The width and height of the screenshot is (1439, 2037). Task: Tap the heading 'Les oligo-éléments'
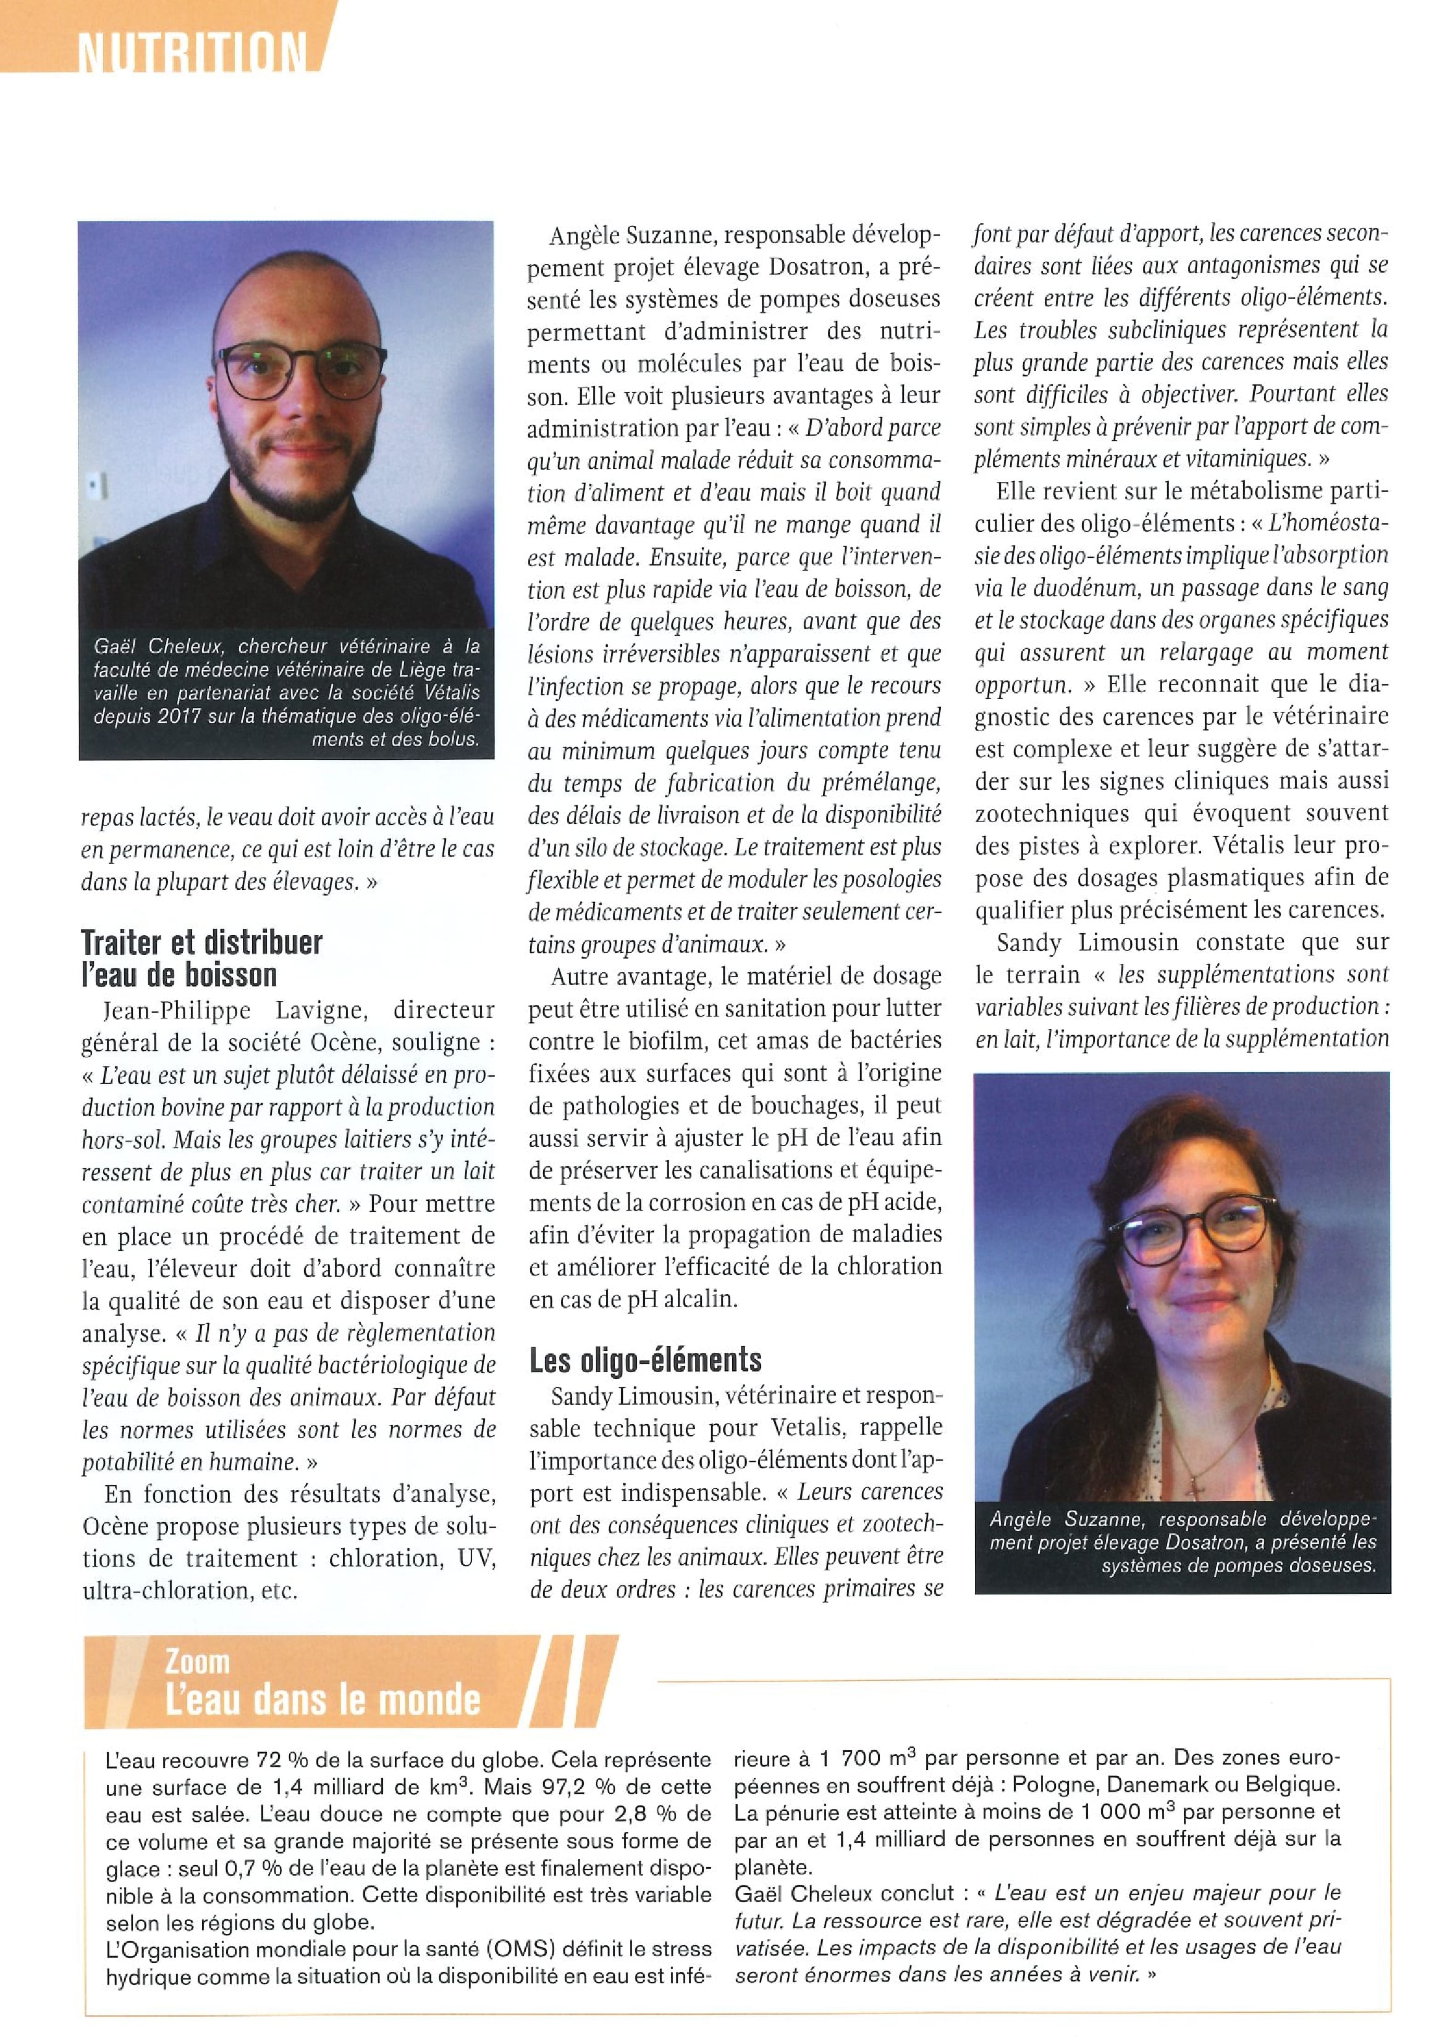pos(645,1360)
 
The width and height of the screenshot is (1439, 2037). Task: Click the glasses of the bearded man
pos(302,369)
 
